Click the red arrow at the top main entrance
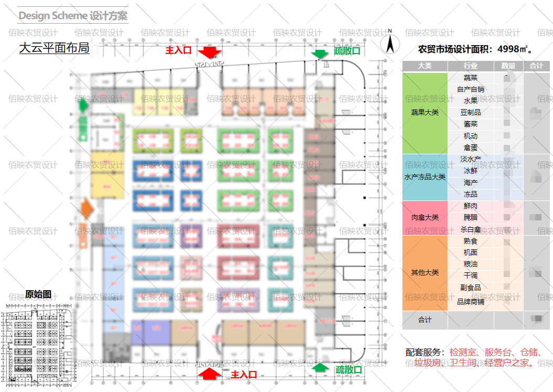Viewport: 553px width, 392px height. click(210, 51)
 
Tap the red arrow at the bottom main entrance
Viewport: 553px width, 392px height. click(209, 374)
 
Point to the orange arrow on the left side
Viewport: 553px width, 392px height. click(87, 210)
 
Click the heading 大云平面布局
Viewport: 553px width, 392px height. click(54, 48)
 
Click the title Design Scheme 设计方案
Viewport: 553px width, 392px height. click(73, 16)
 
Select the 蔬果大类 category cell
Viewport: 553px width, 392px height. click(425, 112)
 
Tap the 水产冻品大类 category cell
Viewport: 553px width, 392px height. click(425, 177)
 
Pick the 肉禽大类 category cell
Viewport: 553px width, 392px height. click(425, 217)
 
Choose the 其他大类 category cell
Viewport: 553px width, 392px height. click(425, 273)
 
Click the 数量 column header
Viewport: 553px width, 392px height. click(508, 66)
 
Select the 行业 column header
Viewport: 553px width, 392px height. click(471, 66)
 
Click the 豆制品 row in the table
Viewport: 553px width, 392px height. click(471, 112)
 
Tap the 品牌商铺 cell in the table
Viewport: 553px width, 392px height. click(471, 302)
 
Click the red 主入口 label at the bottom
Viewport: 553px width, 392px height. click(244, 374)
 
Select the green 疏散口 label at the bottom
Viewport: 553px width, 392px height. click(349, 369)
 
